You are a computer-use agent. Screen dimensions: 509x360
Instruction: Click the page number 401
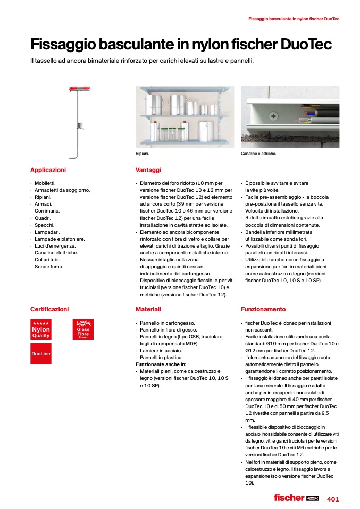[333, 499]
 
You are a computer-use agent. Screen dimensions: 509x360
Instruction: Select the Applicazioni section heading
[48, 170]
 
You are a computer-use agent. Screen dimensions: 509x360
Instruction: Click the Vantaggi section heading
[148, 170]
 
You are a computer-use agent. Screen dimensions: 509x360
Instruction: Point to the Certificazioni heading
[49, 309]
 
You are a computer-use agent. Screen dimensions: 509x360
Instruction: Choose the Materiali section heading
[148, 309]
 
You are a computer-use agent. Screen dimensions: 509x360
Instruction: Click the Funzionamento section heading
[263, 309]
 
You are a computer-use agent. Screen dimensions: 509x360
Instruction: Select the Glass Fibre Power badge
[82, 329]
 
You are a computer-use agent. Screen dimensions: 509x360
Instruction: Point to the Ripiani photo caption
[143, 154]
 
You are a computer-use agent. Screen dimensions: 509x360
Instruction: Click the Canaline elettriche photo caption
[258, 154]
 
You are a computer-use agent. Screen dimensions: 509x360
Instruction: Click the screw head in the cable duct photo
[273, 115]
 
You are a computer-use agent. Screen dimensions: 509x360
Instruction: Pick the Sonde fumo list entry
[49, 266]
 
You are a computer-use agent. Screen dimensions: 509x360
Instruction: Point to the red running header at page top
[294, 19]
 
